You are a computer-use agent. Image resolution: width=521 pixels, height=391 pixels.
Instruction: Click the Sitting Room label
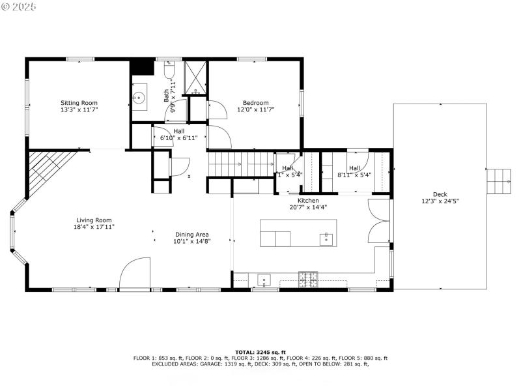[79, 103]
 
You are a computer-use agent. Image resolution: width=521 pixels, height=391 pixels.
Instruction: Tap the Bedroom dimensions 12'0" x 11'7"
[256, 110]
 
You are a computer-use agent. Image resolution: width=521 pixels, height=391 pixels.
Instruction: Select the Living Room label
[94, 220]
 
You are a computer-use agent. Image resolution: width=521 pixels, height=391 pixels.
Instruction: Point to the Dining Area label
[191, 235]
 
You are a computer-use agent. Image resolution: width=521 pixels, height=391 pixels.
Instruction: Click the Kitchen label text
[308, 201]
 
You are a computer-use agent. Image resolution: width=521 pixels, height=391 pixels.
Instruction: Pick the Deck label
[440, 194]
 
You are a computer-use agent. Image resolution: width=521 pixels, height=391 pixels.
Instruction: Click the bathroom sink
[139, 98]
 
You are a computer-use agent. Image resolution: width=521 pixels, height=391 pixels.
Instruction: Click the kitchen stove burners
[308, 280]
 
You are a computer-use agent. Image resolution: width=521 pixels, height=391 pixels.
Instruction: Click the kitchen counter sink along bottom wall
[264, 280]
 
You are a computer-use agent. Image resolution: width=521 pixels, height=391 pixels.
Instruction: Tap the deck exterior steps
[500, 180]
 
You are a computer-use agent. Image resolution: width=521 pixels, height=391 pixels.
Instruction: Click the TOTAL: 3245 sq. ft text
[260, 352]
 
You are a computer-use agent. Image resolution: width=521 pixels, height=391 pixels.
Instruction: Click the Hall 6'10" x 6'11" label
[178, 135]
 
